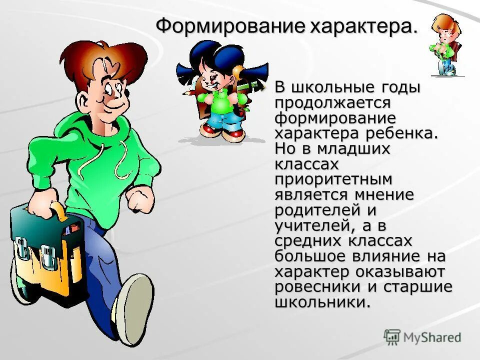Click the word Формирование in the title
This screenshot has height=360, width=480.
(229, 26)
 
